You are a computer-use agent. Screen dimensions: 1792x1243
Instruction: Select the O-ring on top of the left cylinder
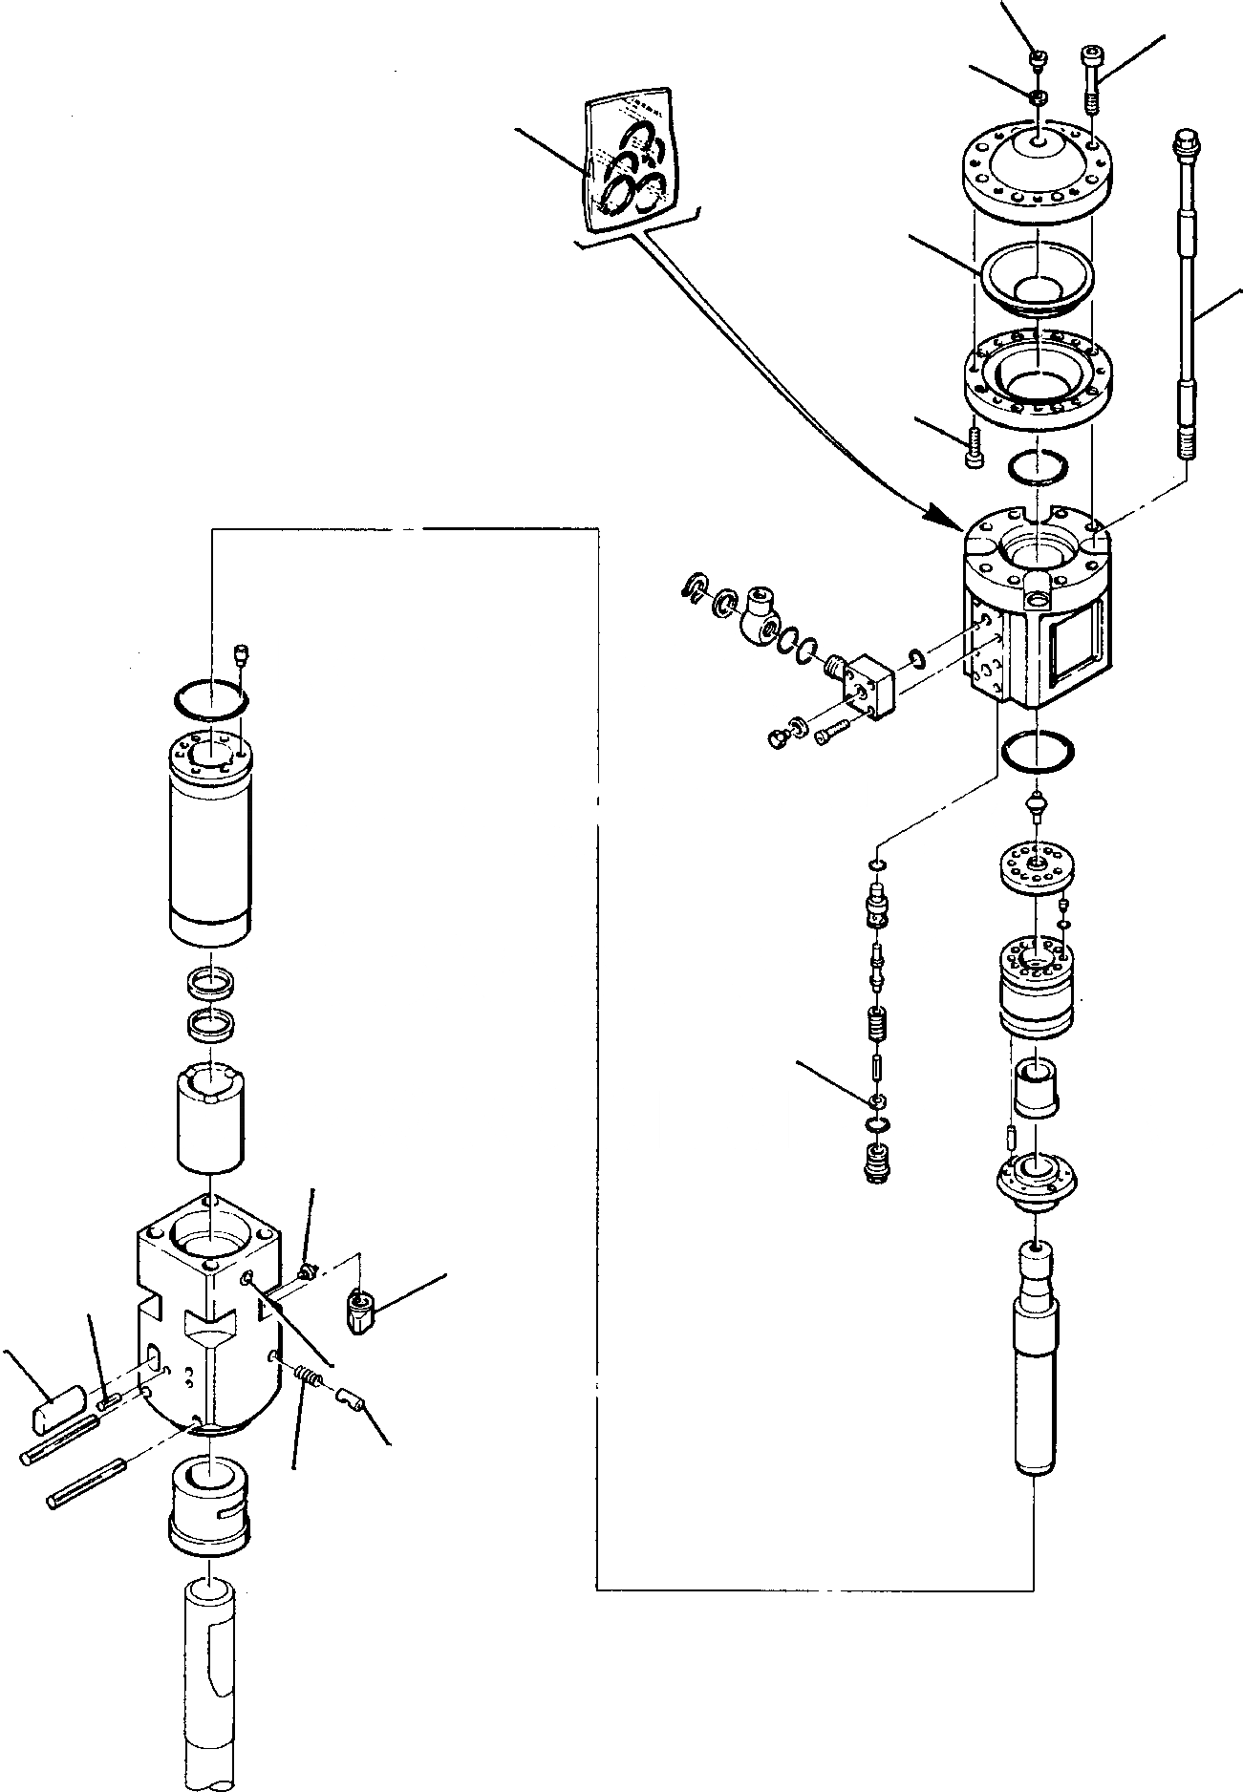pos(211,698)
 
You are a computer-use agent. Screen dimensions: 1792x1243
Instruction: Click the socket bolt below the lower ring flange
pos(972,446)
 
